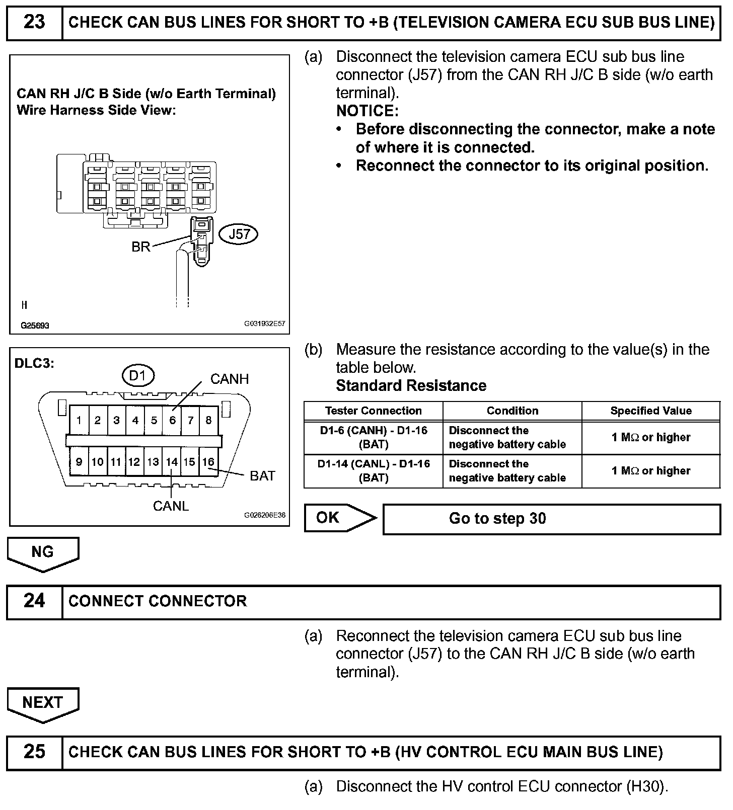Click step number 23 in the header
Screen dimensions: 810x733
[34, 23]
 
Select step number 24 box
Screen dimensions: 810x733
[34, 601]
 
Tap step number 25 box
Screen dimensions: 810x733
[34, 752]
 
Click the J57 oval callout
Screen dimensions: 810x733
[239, 234]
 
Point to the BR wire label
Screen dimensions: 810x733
[141, 247]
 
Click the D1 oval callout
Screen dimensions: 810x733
[137, 376]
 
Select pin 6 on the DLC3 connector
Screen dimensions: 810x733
[172, 420]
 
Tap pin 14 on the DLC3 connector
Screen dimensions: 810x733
[172, 462]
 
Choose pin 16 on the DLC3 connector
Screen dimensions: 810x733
[208, 462]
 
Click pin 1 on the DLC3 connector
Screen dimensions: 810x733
[79, 420]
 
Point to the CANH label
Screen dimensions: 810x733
[230, 379]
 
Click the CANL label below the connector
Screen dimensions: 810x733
[171, 506]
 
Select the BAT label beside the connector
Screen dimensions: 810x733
[262, 476]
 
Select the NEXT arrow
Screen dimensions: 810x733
[43, 703]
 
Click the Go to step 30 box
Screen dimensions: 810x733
[551, 519]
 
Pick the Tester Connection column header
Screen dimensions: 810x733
[373, 411]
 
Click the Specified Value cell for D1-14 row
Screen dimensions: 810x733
[651, 471]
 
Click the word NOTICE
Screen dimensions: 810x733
[367, 111]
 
